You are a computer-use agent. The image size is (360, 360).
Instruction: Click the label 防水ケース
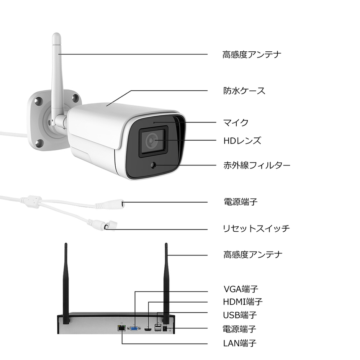pos(244,91)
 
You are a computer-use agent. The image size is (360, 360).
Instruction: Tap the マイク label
pos(236,123)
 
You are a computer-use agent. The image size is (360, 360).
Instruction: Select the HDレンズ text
pos(242,141)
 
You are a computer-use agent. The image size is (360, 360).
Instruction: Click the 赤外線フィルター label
pos(257,165)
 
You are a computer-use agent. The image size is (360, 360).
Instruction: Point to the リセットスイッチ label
pos(256,229)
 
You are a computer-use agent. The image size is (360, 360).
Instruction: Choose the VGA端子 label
pos(243,289)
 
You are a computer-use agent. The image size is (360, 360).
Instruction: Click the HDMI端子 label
pos(243,302)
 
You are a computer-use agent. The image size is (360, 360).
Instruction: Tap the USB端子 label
pos(240,315)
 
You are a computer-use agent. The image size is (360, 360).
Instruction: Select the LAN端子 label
pos(240,343)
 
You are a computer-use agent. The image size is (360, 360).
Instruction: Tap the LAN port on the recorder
pos(122,328)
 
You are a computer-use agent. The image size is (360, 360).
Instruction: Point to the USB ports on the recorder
pos(157,328)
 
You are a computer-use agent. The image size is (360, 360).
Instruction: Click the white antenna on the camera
pos(58,77)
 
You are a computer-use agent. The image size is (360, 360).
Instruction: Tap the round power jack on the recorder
pos(166,328)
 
